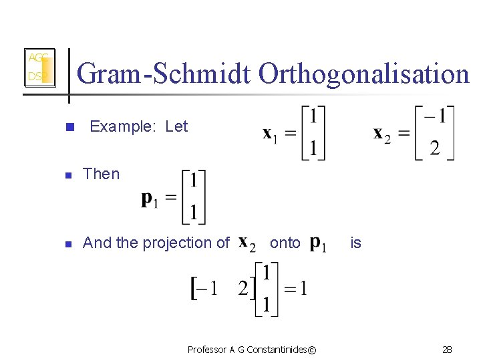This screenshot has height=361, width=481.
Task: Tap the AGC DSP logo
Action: (x=39, y=68)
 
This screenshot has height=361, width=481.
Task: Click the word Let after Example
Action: (x=176, y=126)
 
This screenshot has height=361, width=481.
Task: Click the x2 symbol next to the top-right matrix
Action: (x=381, y=134)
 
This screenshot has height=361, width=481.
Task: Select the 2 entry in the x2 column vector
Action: (x=435, y=148)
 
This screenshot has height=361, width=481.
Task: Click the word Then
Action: (x=102, y=174)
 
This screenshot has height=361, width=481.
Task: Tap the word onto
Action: (x=285, y=243)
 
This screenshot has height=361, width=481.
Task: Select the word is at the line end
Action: (x=355, y=243)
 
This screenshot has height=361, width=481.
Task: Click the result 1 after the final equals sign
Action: (x=303, y=289)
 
